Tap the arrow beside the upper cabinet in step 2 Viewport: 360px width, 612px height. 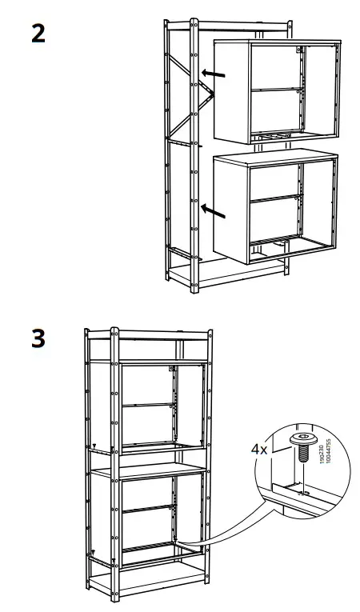click(213, 74)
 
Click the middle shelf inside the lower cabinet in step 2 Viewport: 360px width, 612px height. click(276, 198)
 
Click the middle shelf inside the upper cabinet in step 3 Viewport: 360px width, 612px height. click(149, 406)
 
